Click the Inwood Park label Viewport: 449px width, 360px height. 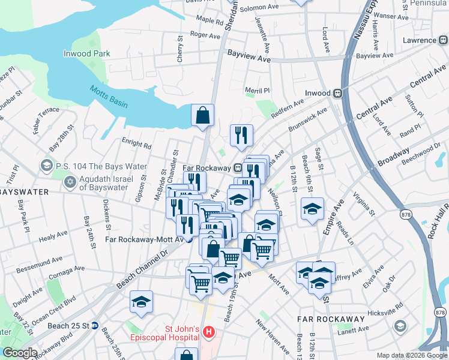click(x=87, y=53)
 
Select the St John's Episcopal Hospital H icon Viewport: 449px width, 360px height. click(x=208, y=331)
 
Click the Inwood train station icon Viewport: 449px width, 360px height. click(x=339, y=93)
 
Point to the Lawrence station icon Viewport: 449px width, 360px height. click(x=443, y=40)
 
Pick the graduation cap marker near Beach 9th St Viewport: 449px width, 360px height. click(x=312, y=209)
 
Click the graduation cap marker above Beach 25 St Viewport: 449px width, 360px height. click(x=141, y=302)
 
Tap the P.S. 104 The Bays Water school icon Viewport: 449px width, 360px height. click(x=46, y=165)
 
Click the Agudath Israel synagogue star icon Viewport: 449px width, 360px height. click(x=70, y=181)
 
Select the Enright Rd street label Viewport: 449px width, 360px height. click(x=136, y=144)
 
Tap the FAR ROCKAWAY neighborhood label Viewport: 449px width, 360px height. click(x=331, y=317)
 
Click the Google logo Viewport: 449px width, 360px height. click(x=20, y=353)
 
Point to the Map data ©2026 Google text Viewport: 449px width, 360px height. click(x=412, y=355)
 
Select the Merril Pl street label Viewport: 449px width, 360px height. click(x=258, y=91)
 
